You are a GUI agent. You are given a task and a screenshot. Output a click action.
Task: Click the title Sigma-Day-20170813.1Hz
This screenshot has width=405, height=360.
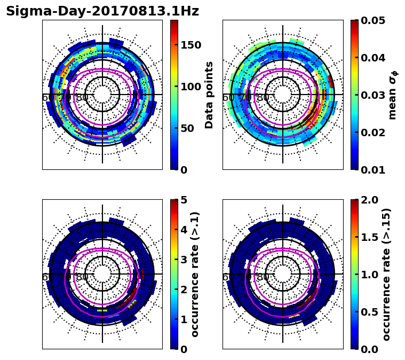(x=102, y=11)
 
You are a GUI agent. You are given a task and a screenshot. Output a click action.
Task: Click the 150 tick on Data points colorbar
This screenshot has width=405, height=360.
(x=191, y=45)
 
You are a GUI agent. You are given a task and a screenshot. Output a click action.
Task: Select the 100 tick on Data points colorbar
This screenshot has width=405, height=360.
(x=191, y=87)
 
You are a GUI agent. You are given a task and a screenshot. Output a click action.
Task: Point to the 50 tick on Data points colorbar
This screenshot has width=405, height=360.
(x=188, y=128)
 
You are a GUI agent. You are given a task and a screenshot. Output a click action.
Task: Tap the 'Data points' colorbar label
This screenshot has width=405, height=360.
(x=209, y=95)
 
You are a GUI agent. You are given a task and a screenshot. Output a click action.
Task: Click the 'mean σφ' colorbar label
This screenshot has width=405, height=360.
(x=393, y=95)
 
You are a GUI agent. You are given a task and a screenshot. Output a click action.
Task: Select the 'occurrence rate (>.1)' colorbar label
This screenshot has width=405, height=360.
(x=195, y=275)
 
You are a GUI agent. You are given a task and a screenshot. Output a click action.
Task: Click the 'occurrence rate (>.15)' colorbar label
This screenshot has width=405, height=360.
(x=387, y=275)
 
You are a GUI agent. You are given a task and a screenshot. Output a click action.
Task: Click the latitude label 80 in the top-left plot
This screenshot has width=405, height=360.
(x=82, y=98)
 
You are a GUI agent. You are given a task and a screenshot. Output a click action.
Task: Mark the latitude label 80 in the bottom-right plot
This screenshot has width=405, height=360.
(x=263, y=277)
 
